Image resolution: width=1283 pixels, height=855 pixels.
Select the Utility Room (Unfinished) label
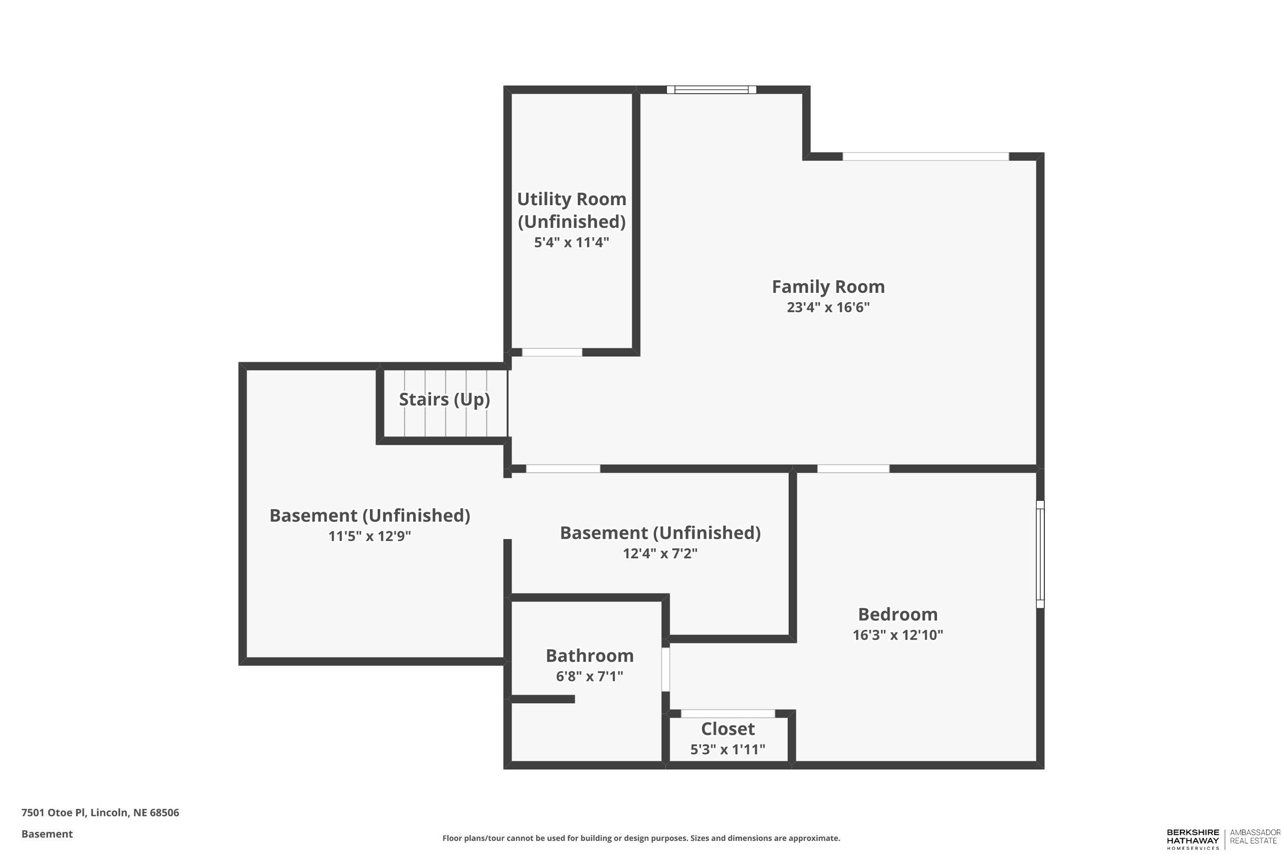pyautogui.click(x=571, y=210)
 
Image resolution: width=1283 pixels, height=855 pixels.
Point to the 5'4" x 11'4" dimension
pyautogui.click(x=571, y=242)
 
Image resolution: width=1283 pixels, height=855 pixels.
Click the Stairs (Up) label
pyautogui.click(x=444, y=399)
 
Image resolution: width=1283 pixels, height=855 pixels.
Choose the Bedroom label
pyautogui.click(x=898, y=614)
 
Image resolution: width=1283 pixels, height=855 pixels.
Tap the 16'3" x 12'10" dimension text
pyautogui.click(x=898, y=634)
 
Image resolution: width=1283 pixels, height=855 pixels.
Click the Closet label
pyautogui.click(x=728, y=728)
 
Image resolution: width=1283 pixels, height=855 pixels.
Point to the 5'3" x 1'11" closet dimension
pyautogui.click(x=728, y=749)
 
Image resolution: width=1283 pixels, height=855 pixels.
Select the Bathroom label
pyautogui.click(x=589, y=655)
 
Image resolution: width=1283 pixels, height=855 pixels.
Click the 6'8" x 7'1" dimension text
pyautogui.click(x=589, y=676)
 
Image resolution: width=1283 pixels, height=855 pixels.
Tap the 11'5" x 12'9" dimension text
pyautogui.click(x=370, y=536)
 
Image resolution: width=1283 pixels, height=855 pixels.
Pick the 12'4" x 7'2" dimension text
pyautogui.click(x=660, y=553)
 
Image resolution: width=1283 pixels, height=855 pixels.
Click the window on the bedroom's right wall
pyautogui.click(x=1040, y=554)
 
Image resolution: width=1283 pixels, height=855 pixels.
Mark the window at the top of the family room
pyautogui.click(x=711, y=90)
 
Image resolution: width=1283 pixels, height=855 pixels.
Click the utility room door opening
pyautogui.click(x=552, y=352)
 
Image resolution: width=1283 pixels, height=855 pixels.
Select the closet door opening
pyautogui.click(x=728, y=714)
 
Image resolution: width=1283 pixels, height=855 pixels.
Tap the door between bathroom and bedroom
pyautogui.click(x=666, y=669)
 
